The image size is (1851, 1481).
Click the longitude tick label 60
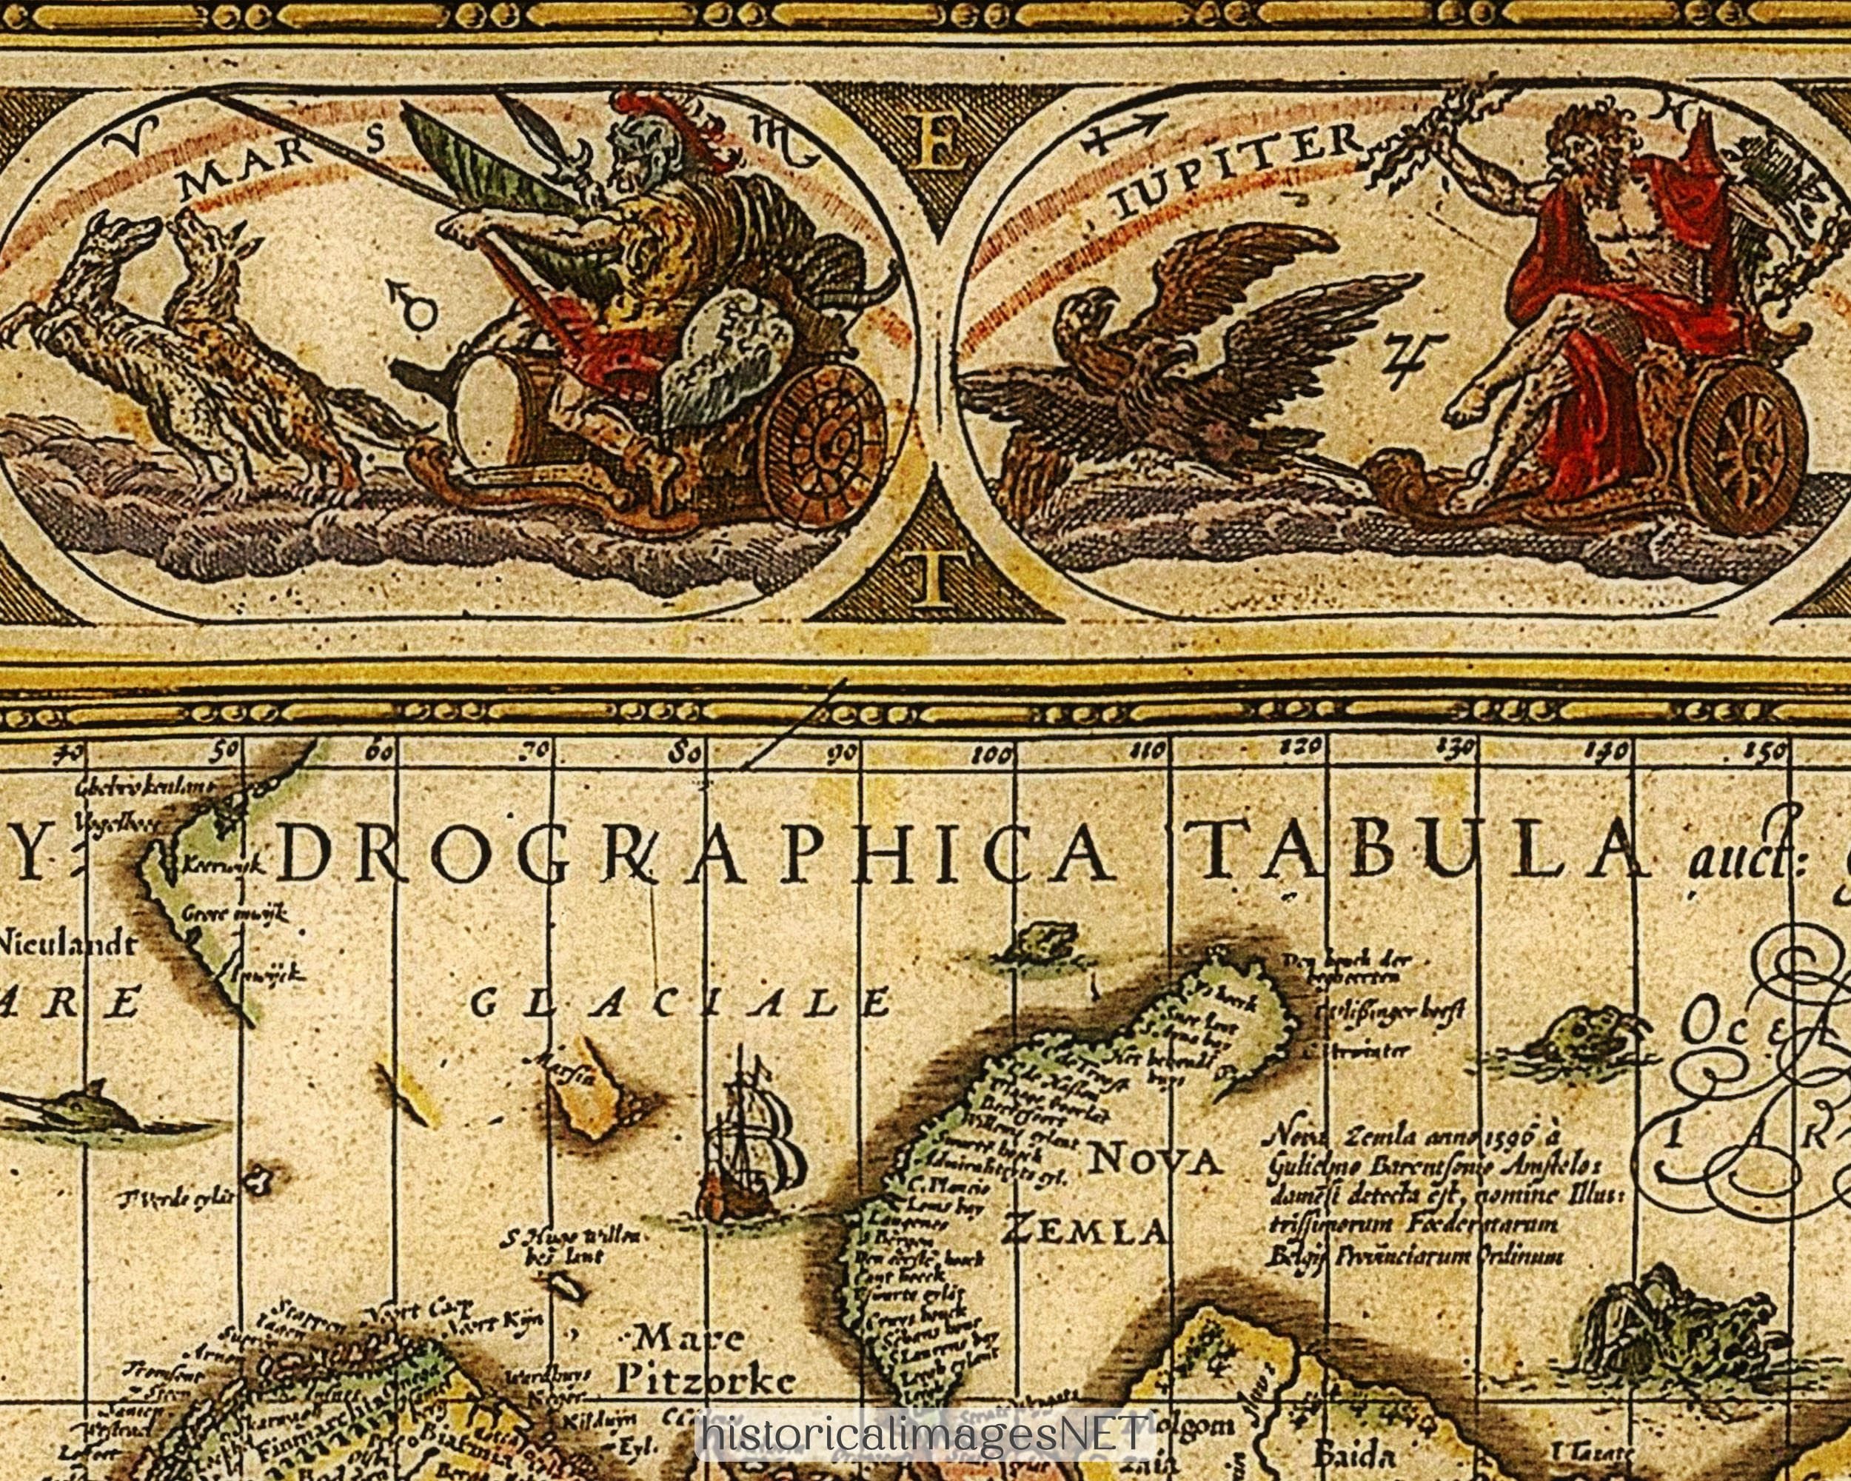[378, 753]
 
